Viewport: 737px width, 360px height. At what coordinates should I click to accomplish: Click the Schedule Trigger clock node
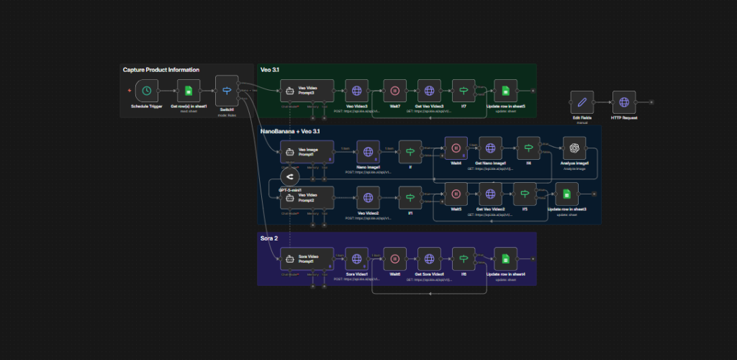pyautogui.click(x=147, y=91)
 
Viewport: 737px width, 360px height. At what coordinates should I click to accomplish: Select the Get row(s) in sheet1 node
pyautogui.click(x=189, y=91)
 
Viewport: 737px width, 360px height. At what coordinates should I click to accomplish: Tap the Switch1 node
pyautogui.click(x=227, y=90)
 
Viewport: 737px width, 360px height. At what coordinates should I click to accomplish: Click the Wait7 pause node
pyautogui.click(x=395, y=91)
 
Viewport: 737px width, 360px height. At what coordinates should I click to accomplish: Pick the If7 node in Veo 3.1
pyautogui.click(x=464, y=91)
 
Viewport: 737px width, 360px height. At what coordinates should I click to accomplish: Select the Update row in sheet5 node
pyautogui.click(x=506, y=91)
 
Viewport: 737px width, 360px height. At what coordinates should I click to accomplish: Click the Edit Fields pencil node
pyautogui.click(x=582, y=102)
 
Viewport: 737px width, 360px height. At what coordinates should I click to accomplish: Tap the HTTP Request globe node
pyautogui.click(x=624, y=102)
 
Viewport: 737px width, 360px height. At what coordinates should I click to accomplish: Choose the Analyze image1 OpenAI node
pyautogui.click(x=574, y=148)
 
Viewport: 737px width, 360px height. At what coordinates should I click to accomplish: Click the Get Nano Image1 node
pyautogui.click(x=490, y=149)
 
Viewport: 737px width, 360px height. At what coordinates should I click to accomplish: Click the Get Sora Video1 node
pyautogui.click(x=430, y=259)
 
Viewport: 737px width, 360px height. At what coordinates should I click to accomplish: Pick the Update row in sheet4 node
pyautogui.click(x=505, y=259)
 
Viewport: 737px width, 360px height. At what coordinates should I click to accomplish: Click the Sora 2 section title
pyautogui.click(x=270, y=238)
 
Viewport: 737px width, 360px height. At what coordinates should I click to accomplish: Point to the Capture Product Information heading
pyautogui.click(x=161, y=70)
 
